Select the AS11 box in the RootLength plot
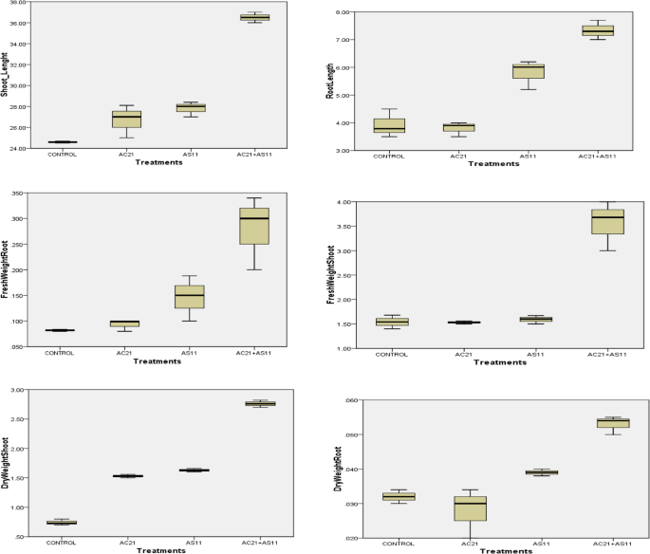click(528, 71)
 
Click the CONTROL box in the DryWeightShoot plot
click(62, 522)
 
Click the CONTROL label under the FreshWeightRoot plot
click(62, 354)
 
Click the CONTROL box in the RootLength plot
click(389, 125)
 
